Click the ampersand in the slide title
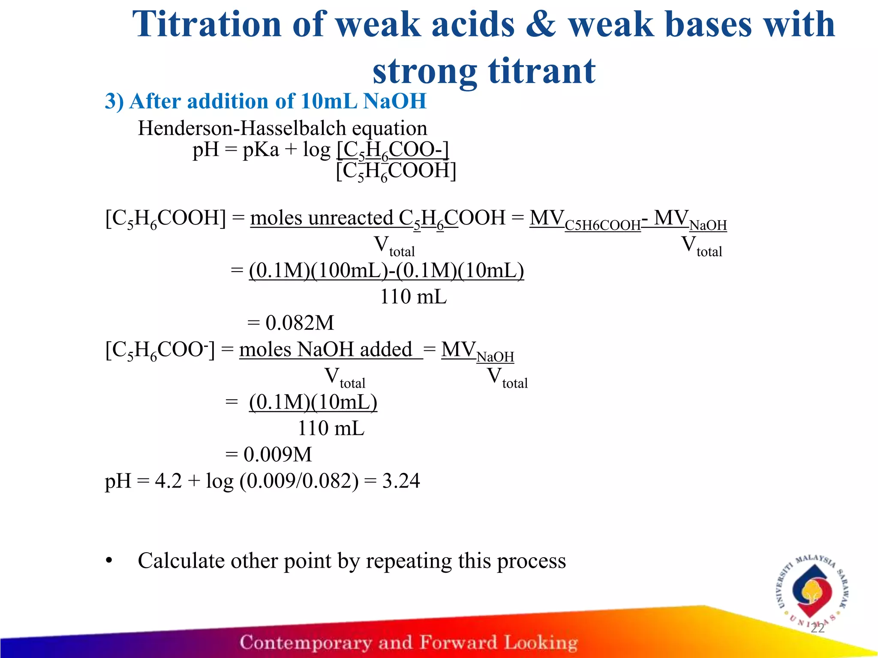coord(541,25)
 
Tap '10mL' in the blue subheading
coord(329,102)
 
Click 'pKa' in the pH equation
coord(261,150)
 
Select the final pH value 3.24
coord(401,481)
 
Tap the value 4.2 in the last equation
coord(168,481)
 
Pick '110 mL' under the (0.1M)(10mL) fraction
coord(331,428)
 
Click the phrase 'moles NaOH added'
coord(326,350)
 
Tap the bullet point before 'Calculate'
coord(109,561)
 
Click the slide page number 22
coord(817,628)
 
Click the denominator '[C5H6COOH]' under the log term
coord(396,171)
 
